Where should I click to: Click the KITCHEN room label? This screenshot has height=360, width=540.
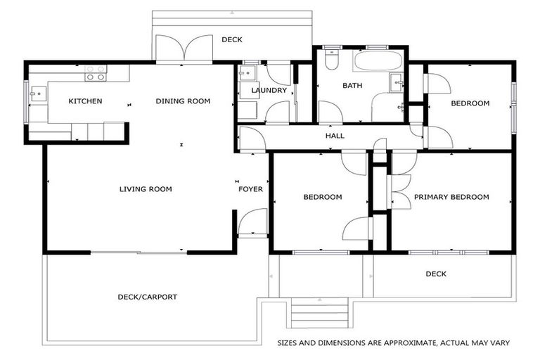coord(85,101)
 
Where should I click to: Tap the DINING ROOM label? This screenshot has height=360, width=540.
coord(183,101)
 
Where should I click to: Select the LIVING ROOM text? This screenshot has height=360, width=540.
coord(146,188)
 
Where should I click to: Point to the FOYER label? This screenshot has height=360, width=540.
coord(250,188)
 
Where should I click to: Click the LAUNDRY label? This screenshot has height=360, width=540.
coord(269,91)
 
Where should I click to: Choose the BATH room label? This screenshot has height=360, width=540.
coord(352,86)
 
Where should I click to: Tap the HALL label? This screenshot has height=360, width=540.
coord(335,136)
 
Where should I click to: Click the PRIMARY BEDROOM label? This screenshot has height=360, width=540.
coord(451,197)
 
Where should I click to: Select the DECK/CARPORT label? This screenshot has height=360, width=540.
coord(147,297)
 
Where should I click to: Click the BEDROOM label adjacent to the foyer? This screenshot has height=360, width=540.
coord(323,197)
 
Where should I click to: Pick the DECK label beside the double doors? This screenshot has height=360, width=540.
coord(232,40)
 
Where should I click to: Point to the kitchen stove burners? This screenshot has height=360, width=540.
coord(95,72)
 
